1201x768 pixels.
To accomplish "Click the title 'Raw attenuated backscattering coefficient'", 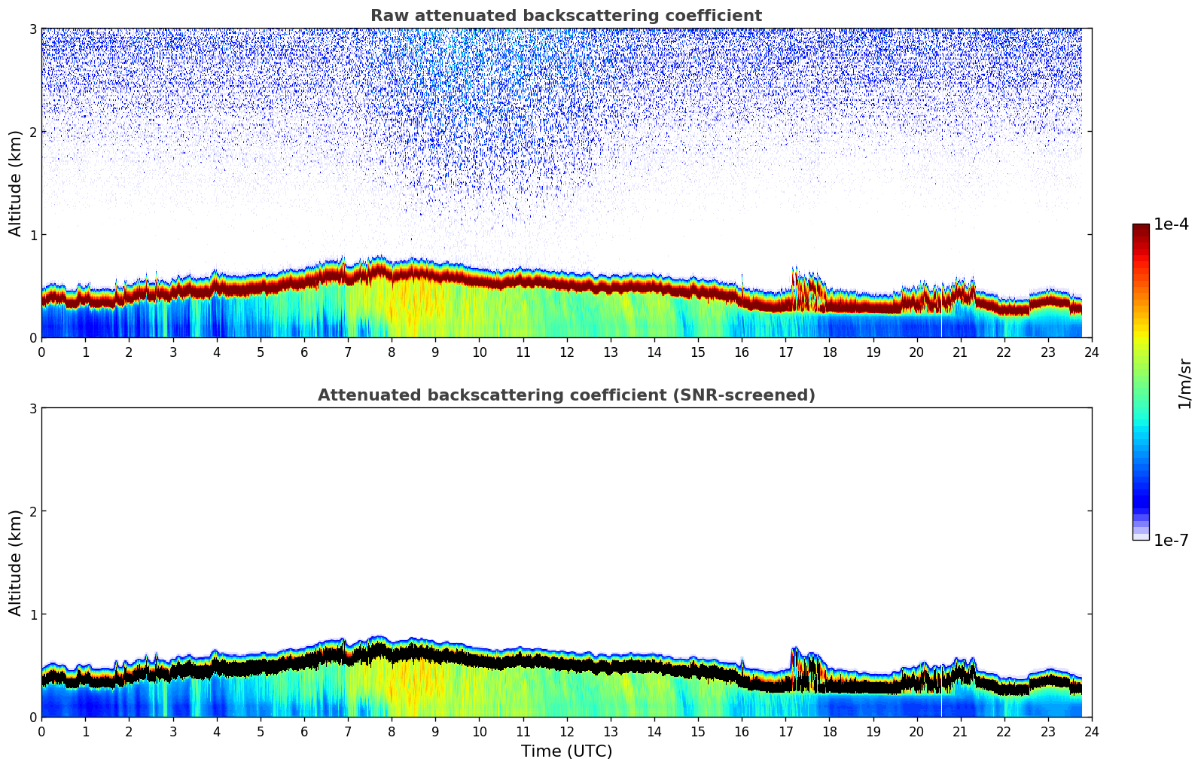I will pos(565,16).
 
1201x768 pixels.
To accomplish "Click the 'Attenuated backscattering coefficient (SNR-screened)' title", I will pos(565,395).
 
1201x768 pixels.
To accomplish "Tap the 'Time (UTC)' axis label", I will pos(566,751).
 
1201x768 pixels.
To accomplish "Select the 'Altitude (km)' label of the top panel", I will pos(16,183).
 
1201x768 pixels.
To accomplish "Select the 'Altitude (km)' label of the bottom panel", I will pos(16,562).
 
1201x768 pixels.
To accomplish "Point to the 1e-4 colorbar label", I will pos(1171,224).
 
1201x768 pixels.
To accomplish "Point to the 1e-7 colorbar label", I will pos(1171,541).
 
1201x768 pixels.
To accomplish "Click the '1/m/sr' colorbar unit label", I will pos(1184,383).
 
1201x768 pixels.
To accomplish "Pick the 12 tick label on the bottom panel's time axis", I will pos(566,732).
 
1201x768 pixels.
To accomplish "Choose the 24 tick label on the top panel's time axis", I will pos(1092,352).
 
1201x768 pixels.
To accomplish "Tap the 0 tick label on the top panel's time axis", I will pos(41,352).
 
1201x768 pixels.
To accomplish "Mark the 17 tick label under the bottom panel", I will pos(785,732).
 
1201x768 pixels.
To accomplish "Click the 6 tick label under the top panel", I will pos(304,352).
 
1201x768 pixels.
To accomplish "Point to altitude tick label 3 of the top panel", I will pos(32,29).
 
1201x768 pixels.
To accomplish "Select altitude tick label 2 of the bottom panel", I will pos(32,511).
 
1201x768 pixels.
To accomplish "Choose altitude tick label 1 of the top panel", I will pos(32,235).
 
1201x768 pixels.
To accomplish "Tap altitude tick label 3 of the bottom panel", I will pos(32,408).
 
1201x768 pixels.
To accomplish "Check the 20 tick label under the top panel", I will pos(916,352).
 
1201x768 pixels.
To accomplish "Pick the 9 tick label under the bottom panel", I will pos(435,732).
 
